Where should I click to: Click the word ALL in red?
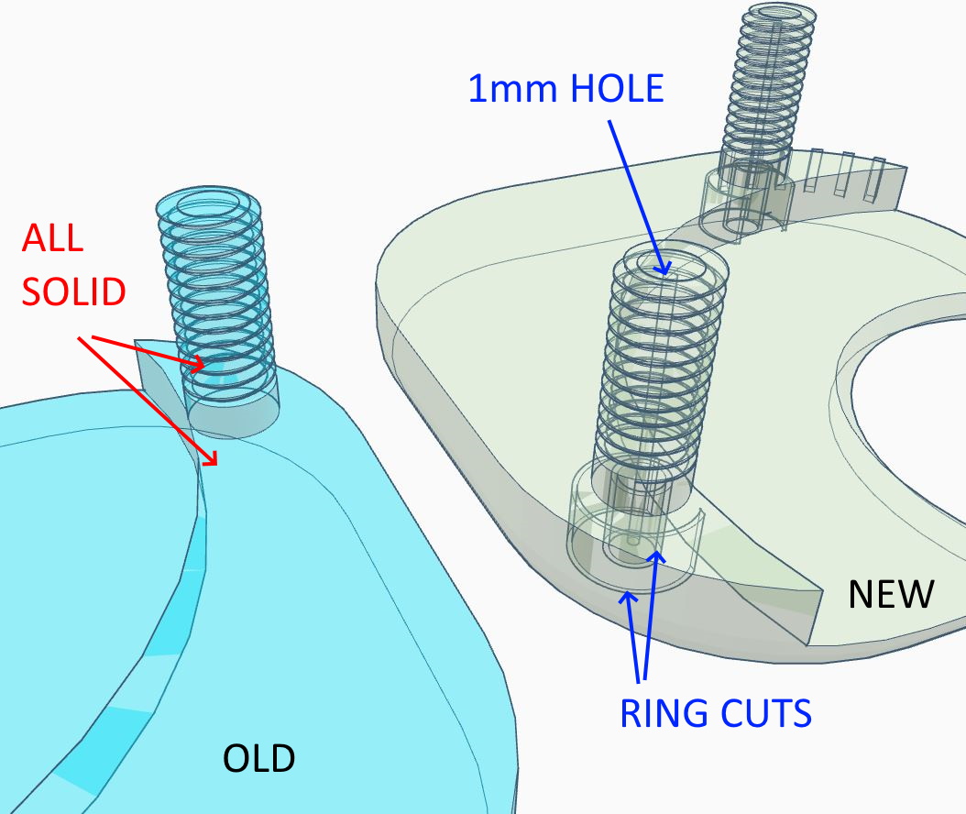coord(52,237)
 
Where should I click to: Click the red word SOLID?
coord(74,291)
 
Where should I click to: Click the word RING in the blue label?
coord(663,713)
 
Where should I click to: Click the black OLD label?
coord(258,759)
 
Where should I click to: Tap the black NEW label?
coord(891,594)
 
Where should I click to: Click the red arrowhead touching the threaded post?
coord(197,364)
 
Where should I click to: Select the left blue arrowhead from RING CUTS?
coord(628,597)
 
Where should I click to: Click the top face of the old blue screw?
coord(208,205)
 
